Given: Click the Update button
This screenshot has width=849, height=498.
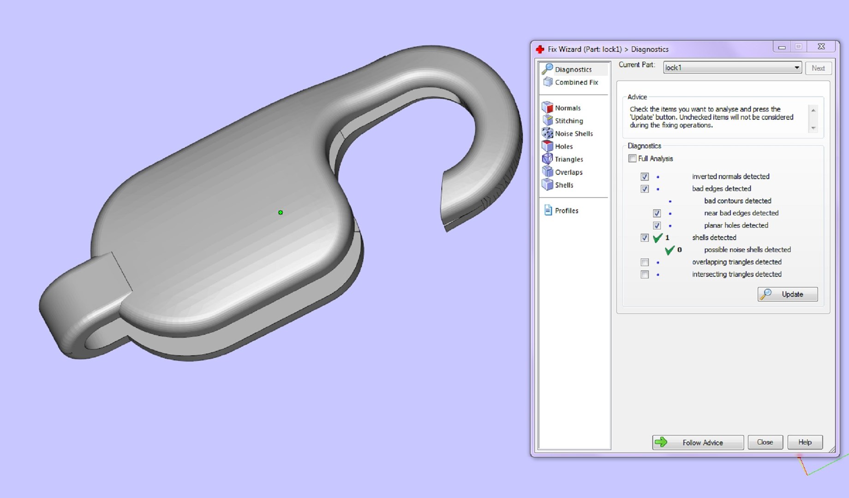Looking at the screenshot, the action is (788, 294).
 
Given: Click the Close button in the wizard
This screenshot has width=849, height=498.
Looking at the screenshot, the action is (765, 442).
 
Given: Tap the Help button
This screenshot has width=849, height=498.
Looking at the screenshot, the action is (805, 442).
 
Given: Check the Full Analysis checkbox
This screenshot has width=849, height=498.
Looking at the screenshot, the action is (632, 159).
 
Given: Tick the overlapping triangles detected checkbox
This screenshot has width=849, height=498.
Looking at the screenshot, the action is (645, 262).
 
